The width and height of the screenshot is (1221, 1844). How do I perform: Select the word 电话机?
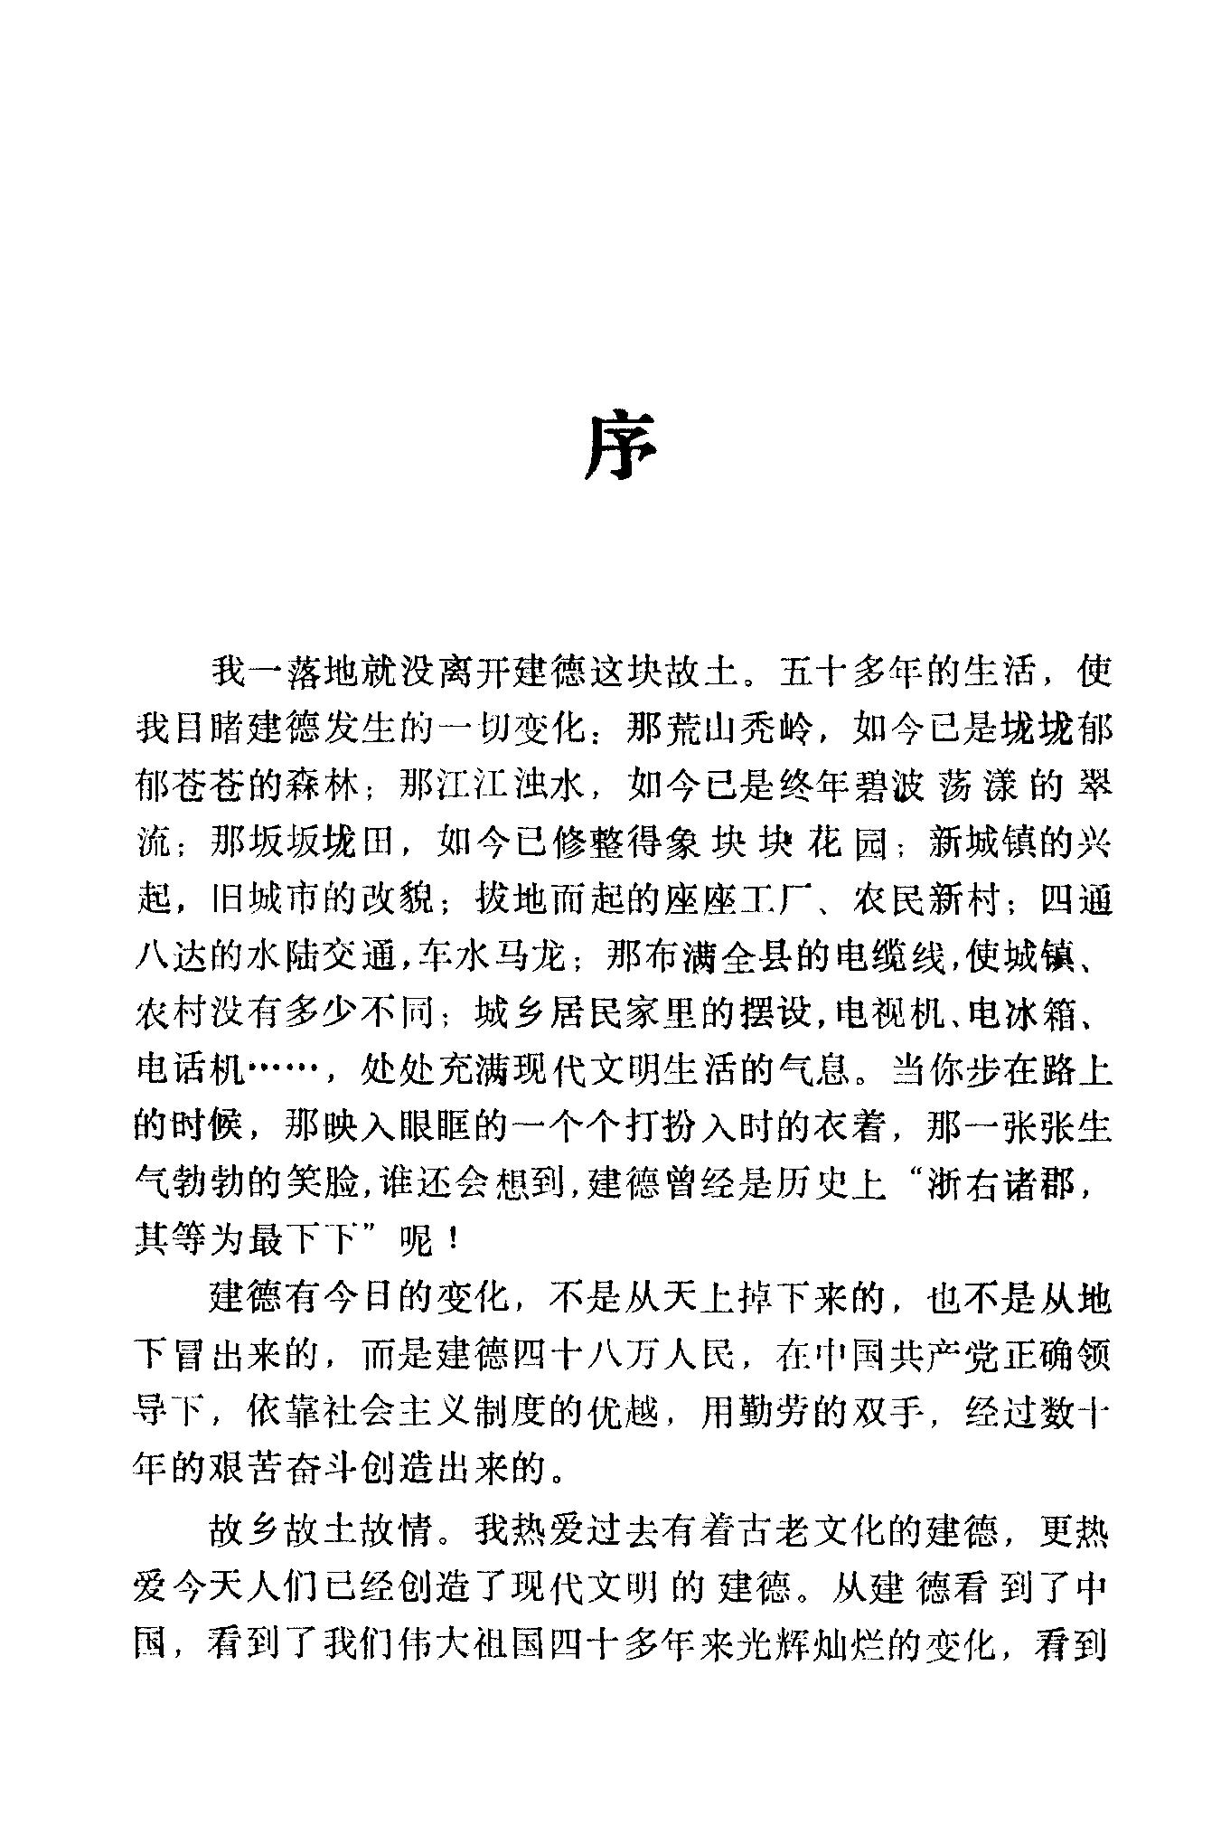point(190,1070)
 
